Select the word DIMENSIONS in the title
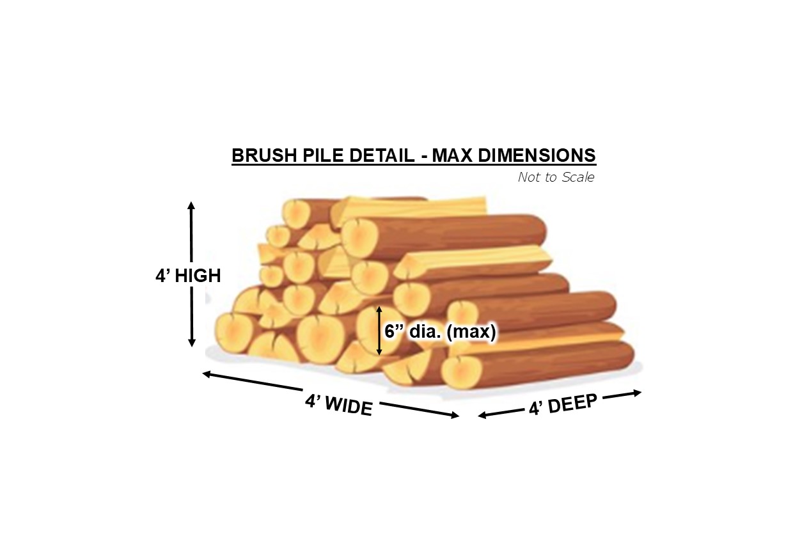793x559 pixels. click(537, 155)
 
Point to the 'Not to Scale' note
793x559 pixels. click(556, 177)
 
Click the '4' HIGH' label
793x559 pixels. click(188, 276)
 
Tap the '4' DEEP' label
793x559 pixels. click(563, 404)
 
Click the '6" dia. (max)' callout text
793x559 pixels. click(440, 331)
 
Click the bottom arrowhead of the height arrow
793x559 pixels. click(191, 343)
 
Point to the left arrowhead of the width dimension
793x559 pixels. click(207, 374)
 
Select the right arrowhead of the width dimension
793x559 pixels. click(455, 415)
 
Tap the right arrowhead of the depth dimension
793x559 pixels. click(637, 393)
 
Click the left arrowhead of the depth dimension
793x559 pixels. click(483, 415)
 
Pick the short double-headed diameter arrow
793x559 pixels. click(379, 331)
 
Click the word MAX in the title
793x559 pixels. click(452, 155)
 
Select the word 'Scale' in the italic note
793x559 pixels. click(578, 177)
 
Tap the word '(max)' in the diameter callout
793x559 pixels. click(471, 332)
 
